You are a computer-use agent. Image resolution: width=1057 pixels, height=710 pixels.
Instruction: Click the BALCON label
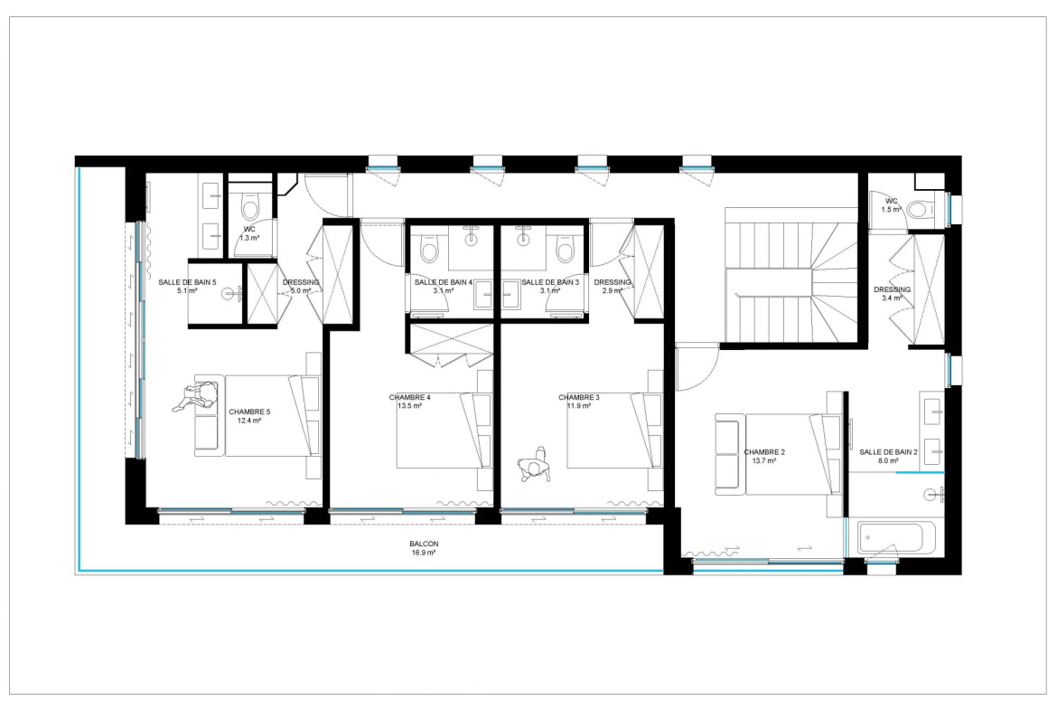(424, 544)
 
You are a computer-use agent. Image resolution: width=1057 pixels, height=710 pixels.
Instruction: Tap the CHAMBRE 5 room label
(249, 412)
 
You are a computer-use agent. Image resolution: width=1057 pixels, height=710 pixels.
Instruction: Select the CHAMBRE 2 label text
(764, 452)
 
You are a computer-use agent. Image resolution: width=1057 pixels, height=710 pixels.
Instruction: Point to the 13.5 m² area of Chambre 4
(409, 406)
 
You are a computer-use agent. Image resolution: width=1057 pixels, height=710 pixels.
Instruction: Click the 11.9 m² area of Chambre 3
(579, 406)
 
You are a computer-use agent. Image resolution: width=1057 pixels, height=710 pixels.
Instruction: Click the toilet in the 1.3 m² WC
(249, 208)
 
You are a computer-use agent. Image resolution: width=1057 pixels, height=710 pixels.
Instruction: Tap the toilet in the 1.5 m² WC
(921, 209)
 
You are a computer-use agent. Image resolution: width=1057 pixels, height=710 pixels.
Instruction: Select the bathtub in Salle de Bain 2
(891, 537)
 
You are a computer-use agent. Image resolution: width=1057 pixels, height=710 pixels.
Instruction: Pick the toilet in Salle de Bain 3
(566, 249)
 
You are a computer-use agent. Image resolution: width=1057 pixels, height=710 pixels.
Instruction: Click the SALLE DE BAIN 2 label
(888, 452)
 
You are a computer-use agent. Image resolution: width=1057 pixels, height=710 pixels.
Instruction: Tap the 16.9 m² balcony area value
(424, 552)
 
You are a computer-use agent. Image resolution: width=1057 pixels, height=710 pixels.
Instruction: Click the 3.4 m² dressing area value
(892, 298)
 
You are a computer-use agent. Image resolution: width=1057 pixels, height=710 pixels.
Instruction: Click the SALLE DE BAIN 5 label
(187, 282)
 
